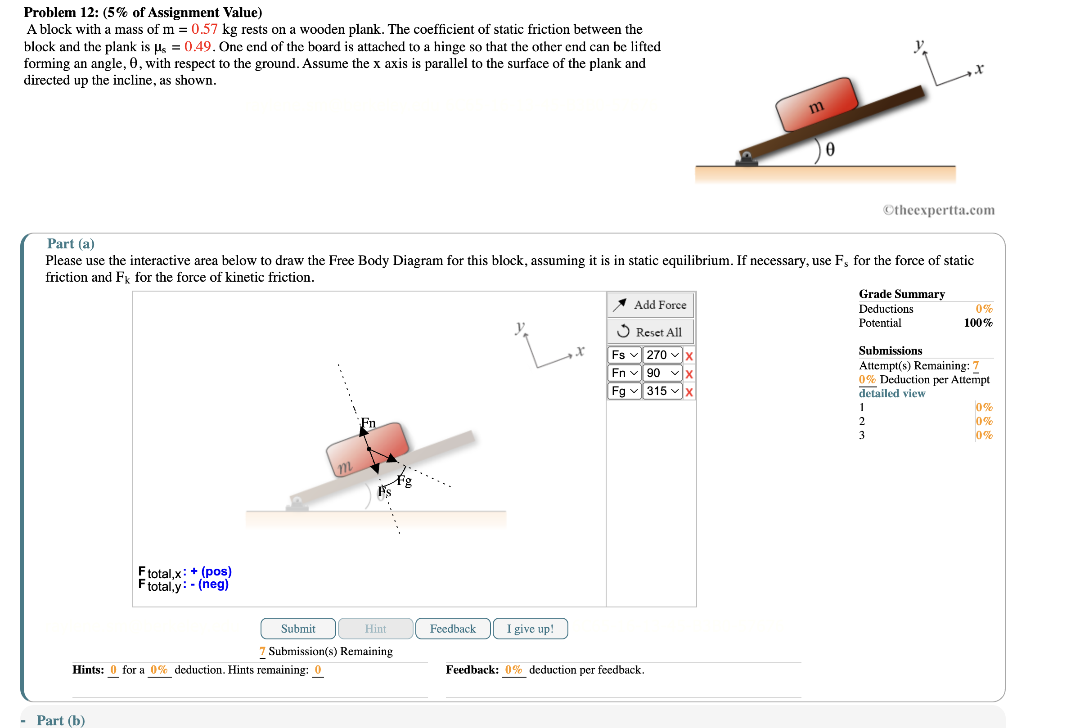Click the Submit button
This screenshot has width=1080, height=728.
point(297,628)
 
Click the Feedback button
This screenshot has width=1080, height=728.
point(452,628)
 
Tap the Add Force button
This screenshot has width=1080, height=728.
point(650,305)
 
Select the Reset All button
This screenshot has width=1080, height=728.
point(650,332)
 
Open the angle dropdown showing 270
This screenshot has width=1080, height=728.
point(661,355)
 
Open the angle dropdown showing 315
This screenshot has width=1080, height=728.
point(661,391)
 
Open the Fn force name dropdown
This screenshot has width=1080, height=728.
point(624,373)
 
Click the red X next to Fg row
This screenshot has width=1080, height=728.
point(688,392)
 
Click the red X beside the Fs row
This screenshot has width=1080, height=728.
point(688,355)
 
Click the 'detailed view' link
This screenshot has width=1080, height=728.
point(891,393)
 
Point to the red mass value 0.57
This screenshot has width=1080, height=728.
point(204,29)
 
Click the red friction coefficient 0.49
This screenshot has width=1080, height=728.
point(198,46)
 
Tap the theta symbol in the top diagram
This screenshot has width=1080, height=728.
point(830,149)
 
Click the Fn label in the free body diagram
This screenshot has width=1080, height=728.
point(368,422)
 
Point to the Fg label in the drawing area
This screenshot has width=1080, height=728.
point(405,481)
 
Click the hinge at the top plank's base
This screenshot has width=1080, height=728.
point(746,159)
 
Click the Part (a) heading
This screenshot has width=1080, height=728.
point(71,243)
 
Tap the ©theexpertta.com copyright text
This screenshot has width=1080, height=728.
point(938,210)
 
